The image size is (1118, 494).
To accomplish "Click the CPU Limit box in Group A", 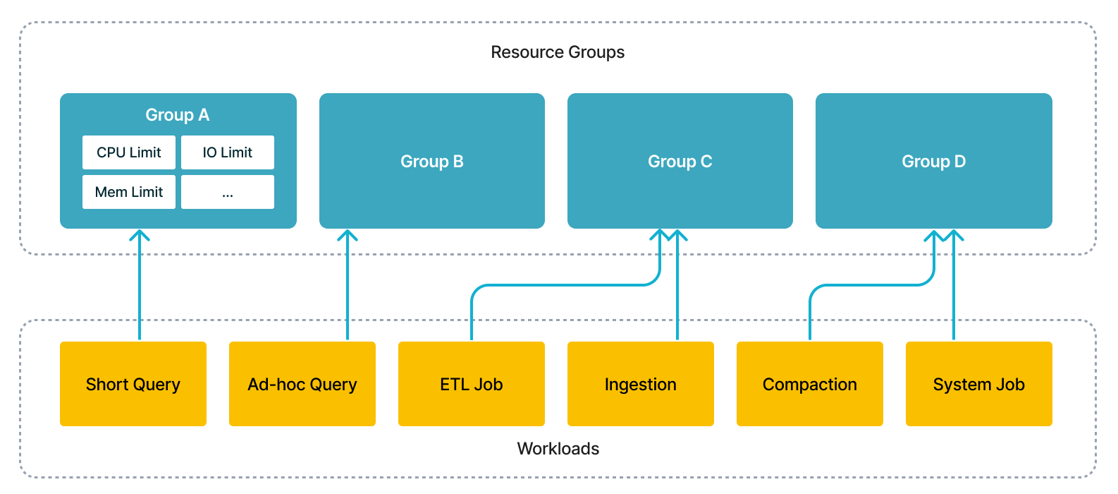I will point(129,152).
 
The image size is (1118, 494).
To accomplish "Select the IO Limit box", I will point(227,152).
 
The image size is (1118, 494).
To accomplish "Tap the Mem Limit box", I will point(129,192).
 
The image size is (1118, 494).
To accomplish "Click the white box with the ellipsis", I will point(227,192).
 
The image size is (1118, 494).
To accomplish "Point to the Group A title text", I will point(177,115).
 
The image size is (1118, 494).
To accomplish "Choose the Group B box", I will point(431,161).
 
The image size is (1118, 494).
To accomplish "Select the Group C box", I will point(680,161).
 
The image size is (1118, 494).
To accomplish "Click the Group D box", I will point(933,161).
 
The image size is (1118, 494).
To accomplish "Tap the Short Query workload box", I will point(133,384).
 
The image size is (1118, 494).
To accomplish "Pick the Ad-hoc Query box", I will point(302,384).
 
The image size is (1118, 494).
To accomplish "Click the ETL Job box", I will point(472,384).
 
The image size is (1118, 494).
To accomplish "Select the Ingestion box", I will point(641,384).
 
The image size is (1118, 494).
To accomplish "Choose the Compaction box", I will point(810,384).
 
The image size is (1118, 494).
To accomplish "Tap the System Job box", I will point(979,384).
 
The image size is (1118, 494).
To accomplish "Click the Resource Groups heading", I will point(558,52).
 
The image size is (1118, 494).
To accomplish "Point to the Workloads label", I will point(558,449).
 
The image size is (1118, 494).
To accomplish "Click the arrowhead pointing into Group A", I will point(140,234).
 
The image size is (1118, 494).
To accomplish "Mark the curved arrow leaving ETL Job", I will point(564,285).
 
